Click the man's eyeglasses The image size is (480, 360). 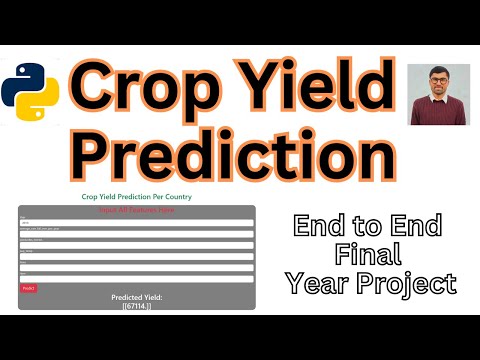[x=441, y=81]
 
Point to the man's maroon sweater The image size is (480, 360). [x=440, y=112]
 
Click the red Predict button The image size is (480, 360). [x=28, y=288]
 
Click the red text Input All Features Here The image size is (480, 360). [x=137, y=211]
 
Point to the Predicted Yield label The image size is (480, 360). [x=137, y=298]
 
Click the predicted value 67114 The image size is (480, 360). [x=137, y=306]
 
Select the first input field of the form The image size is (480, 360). [x=137, y=224]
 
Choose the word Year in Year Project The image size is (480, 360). [x=314, y=284]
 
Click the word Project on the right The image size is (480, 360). [x=405, y=284]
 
